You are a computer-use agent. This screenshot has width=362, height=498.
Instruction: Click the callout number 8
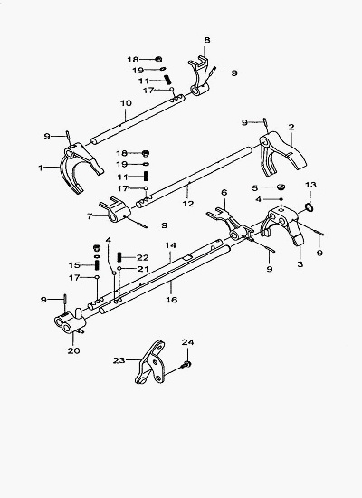207,40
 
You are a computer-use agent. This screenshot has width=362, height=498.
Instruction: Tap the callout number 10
126,103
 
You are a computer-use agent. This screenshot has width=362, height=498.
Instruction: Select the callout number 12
188,204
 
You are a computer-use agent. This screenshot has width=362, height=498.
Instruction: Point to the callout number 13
311,185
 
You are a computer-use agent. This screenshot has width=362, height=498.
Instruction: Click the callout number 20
73,351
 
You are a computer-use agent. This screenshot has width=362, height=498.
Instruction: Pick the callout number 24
187,342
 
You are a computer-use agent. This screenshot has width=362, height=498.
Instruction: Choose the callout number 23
119,360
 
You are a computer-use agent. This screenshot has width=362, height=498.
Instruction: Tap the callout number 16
171,300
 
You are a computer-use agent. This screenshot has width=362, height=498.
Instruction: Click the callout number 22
143,257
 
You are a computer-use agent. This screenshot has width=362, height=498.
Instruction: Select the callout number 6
224,193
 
